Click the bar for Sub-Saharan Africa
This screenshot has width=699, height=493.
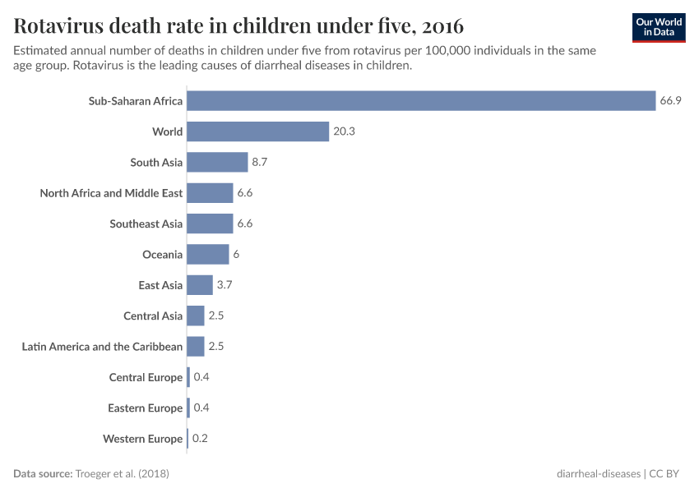click(x=421, y=101)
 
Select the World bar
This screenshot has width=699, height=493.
click(x=258, y=131)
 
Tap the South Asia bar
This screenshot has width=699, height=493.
click(x=217, y=163)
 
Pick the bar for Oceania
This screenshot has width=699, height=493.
click(x=208, y=255)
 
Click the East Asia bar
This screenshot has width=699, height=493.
click(x=200, y=285)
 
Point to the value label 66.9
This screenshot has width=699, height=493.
click(x=670, y=101)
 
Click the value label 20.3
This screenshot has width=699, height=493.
click(x=344, y=131)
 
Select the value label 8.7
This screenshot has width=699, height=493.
click(x=260, y=163)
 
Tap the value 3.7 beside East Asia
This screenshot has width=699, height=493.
click(x=225, y=285)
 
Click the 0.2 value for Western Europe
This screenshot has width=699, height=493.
click(x=200, y=439)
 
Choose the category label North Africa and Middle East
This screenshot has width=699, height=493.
click(x=111, y=193)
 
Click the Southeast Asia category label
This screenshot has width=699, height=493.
click(x=146, y=223)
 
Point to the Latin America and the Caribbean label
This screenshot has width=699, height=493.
click(x=102, y=347)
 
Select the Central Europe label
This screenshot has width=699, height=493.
click(x=146, y=377)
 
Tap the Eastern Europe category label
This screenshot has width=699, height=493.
click(x=145, y=408)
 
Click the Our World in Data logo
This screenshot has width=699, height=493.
click(x=659, y=27)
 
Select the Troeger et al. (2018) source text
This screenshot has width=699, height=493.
click(x=122, y=474)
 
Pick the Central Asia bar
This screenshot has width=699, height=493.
click(x=196, y=316)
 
